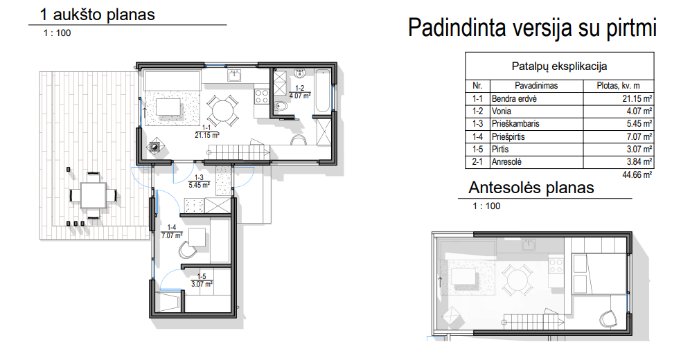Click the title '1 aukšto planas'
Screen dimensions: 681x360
pyautogui.click(x=97, y=15)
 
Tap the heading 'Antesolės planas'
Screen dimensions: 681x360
pyautogui.click(x=531, y=188)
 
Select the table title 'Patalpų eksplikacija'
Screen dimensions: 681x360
pyautogui.click(x=559, y=66)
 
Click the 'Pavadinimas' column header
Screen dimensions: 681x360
pyautogui.click(x=536, y=86)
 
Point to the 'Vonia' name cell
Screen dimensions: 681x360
pyautogui.click(x=501, y=111)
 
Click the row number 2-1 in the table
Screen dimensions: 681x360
pyautogui.click(x=477, y=162)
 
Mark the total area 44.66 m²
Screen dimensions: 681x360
pyautogui.click(x=637, y=174)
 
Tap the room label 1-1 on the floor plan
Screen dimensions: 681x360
pyautogui.click(x=206, y=127)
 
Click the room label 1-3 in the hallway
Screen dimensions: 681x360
pyautogui.click(x=199, y=177)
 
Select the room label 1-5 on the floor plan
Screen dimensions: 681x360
pyautogui.click(x=202, y=277)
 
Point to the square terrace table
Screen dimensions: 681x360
pyautogui.click(x=93, y=195)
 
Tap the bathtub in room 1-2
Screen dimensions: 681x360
pyautogui.click(x=323, y=90)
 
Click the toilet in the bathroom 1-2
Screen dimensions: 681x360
pyautogui.click(x=281, y=105)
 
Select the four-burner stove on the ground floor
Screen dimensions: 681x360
pyautogui.click(x=261, y=96)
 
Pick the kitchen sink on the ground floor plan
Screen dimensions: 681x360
pyautogui.click(x=235, y=75)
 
